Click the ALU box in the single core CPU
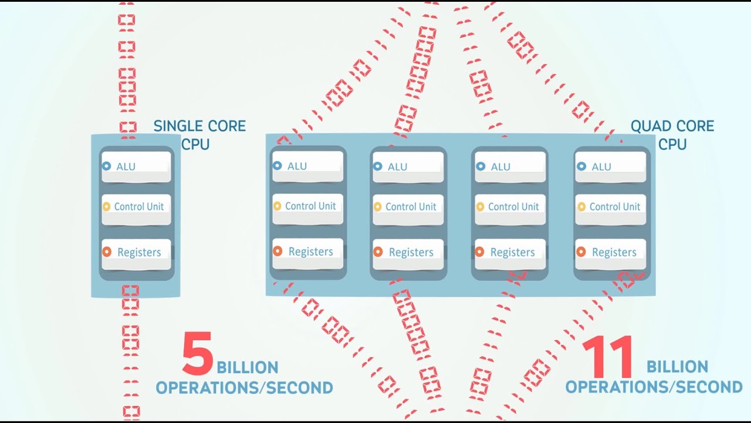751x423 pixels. (136, 166)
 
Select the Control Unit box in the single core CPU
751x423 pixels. (136, 207)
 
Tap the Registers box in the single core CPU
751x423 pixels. (136, 252)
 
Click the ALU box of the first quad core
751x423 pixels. (307, 166)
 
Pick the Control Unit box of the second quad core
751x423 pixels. (408, 207)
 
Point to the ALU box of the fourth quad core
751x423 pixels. (611, 166)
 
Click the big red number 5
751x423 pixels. (197, 354)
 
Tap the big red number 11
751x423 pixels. (608, 357)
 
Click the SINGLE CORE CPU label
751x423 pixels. (199, 135)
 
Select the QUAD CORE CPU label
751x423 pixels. (672, 135)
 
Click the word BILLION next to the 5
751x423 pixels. (248, 368)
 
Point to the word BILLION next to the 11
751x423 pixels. (677, 367)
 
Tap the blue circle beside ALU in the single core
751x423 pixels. (106, 166)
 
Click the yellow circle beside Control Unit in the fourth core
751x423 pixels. (581, 207)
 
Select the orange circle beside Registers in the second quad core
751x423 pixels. (378, 252)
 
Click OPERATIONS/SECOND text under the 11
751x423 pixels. (654, 387)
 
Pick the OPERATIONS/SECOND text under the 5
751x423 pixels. (244, 388)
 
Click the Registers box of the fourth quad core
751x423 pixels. (611, 252)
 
